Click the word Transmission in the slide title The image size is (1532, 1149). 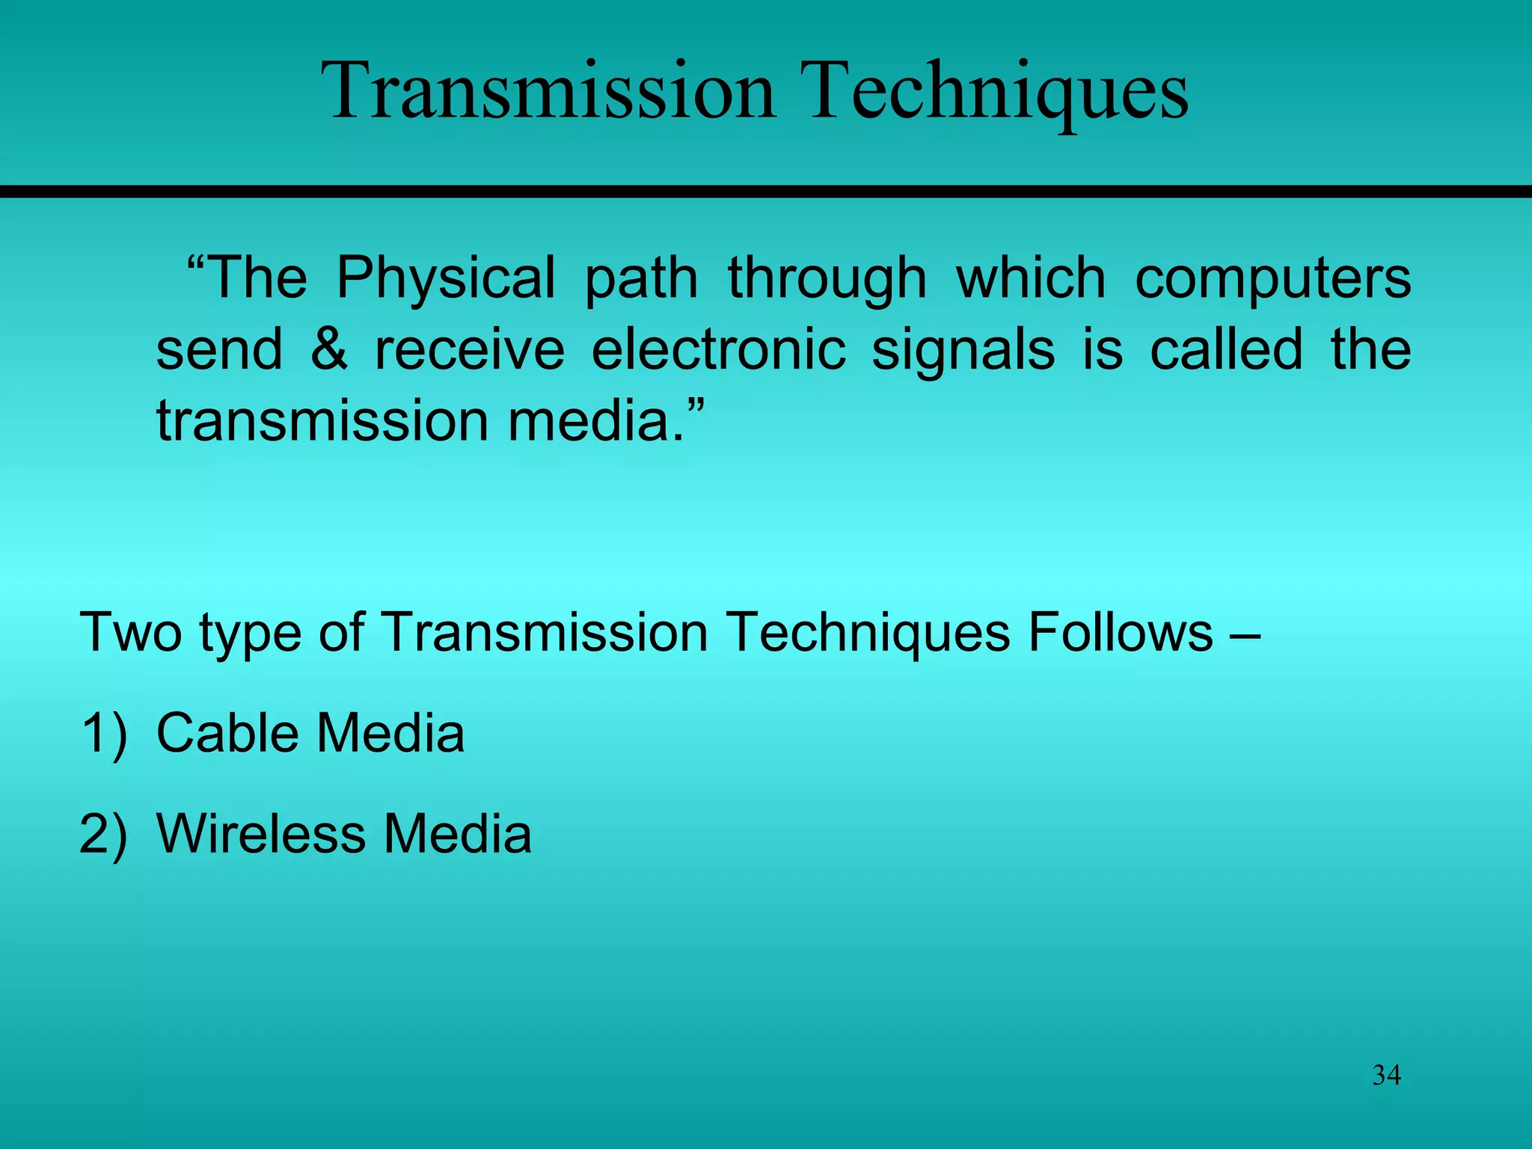click(551, 91)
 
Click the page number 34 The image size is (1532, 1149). click(1386, 1075)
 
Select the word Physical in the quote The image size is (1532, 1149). click(446, 278)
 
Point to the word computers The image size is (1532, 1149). click(1272, 278)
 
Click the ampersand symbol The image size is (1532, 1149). click(329, 349)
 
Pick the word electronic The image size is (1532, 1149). click(718, 349)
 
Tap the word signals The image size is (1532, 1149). click(963, 349)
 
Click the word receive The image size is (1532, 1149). click(469, 349)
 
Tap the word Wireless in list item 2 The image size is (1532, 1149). click(260, 833)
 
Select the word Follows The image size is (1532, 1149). click(1120, 633)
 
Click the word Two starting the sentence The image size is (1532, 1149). click(130, 633)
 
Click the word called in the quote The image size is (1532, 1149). click(1226, 349)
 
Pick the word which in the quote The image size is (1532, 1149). click(1030, 278)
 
